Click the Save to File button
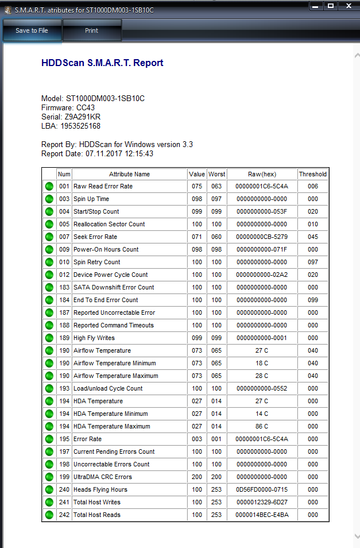point(32,31)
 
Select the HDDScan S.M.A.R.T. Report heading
point(102,63)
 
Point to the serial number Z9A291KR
point(83,117)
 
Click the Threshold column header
point(312,174)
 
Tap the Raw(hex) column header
point(262,174)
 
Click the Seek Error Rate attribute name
point(95,237)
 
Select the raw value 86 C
point(262,426)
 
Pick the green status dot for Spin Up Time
point(49,199)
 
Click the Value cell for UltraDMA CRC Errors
point(197,477)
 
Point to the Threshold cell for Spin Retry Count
point(312,262)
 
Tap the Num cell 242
point(64,515)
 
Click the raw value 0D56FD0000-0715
point(262,489)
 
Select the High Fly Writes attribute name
point(94,338)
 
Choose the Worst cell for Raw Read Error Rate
point(216,186)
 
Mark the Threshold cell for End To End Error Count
point(312,300)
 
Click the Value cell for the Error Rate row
point(197,439)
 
